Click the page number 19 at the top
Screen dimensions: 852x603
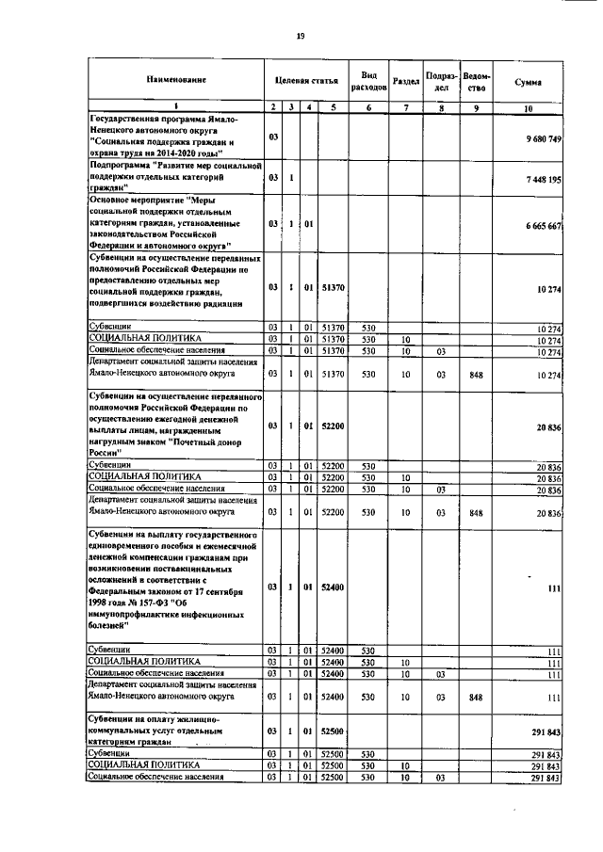(x=300, y=36)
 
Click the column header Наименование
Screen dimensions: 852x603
(x=175, y=83)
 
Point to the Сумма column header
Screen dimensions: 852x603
(x=528, y=83)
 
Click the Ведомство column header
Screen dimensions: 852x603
(x=477, y=82)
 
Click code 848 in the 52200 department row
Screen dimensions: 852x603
(x=477, y=513)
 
